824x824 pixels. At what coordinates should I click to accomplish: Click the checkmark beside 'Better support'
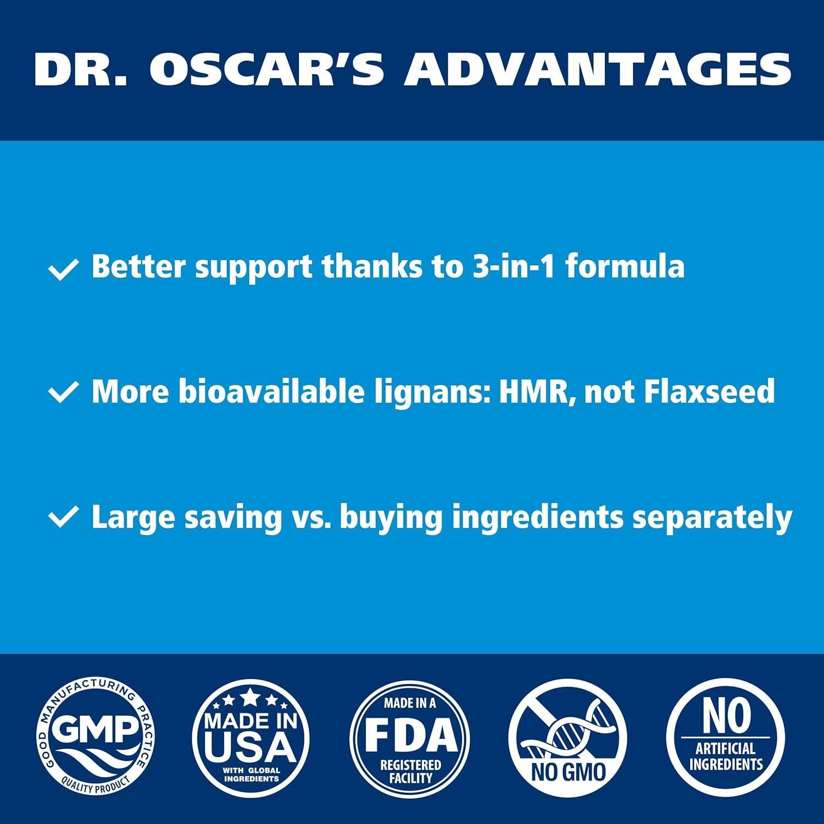tap(63, 270)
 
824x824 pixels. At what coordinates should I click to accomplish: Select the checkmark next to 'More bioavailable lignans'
tap(63, 393)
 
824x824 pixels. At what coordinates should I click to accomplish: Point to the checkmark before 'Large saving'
tap(63, 518)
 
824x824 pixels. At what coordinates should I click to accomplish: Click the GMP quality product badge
tap(96, 738)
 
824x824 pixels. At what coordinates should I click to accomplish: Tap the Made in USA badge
tap(251, 738)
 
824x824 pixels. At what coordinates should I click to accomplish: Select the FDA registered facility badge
tap(410, 738)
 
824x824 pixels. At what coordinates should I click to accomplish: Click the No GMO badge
tap(568, 738)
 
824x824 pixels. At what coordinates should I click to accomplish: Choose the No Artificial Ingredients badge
tap(726, 738)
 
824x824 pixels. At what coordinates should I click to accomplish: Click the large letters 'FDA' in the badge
tap(410, 735)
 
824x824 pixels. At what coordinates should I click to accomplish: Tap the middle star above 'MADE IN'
tap(251, 698)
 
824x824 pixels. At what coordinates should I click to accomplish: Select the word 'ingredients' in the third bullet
tap(537, 518)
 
